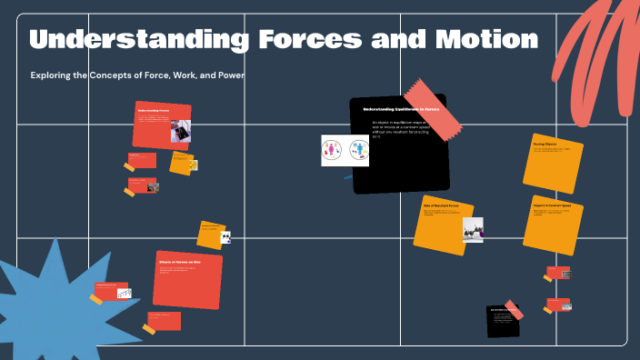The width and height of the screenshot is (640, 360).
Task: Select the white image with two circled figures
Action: (345, 150)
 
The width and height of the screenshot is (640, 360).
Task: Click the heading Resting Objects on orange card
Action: (546, 145)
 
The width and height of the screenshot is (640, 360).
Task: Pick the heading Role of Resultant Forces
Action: (441, 206)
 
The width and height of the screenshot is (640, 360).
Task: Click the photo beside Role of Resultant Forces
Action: (473, 230)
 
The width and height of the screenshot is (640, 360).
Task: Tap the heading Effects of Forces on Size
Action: (179, 262)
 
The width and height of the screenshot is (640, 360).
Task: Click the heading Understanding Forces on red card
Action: (154, 110)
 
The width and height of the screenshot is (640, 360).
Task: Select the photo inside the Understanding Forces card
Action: (180, 130)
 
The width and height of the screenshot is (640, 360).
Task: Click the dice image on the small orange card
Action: (225, 238)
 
